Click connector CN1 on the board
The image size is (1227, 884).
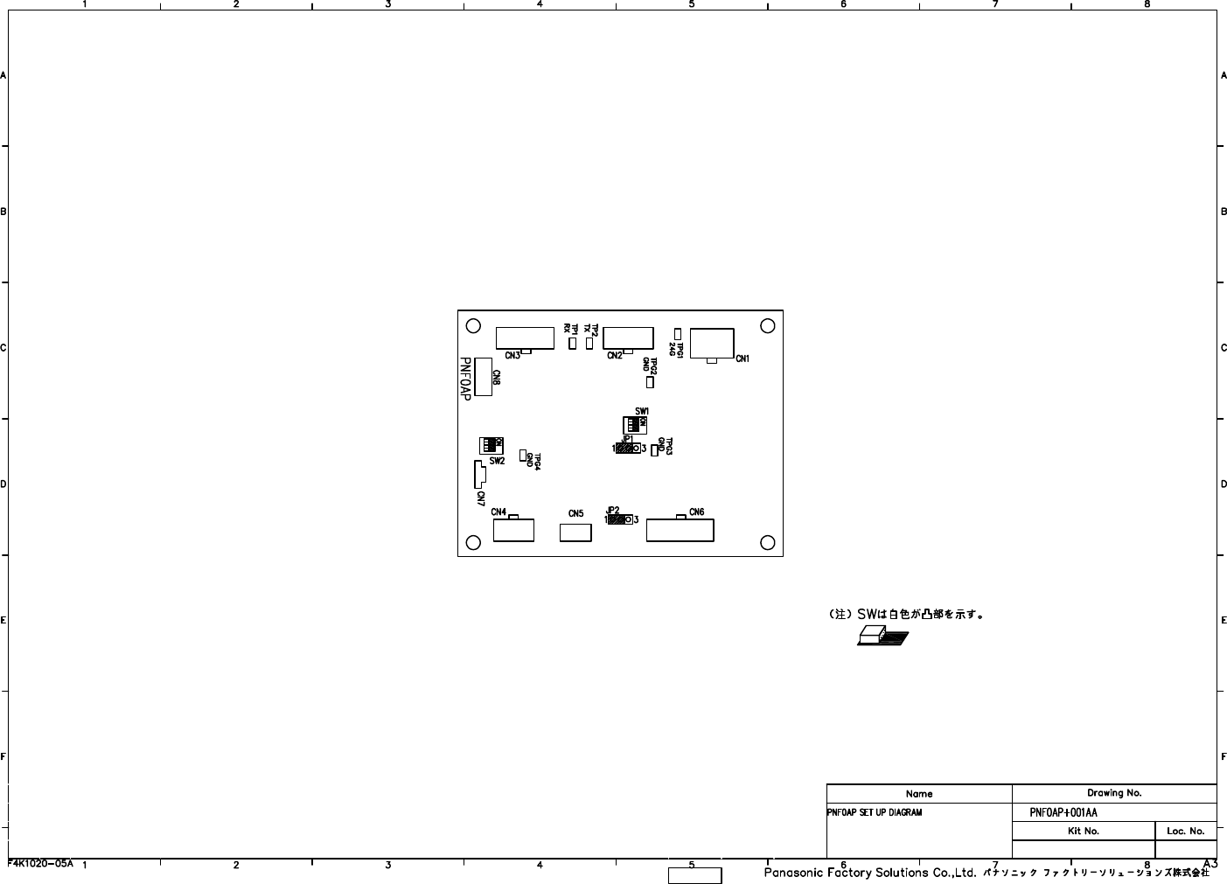[x=712, y=343]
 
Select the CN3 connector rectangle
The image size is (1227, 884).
[x=525, y=338]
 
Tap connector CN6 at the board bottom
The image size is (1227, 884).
[x=680, y=530]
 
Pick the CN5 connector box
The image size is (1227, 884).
[x=575, y=532]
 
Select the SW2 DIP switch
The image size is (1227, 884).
[x=491, y=445]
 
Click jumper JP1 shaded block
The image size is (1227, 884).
[x=626, y=449]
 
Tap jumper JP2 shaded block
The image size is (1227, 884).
[x=618, y=519]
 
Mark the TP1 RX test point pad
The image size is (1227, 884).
[x=573, y=344]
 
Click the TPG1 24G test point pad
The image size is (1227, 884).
[x=678, y=333]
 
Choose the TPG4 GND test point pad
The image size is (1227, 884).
[x=523, y=455]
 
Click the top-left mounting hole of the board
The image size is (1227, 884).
[x=473, y=325]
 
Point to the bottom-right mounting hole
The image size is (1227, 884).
[x=768, y=542]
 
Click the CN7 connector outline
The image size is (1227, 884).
[x=479, y=474]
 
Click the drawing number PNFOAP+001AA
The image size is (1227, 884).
[x=1063, y=812]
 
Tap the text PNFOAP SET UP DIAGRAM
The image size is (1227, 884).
[x=875, y=812]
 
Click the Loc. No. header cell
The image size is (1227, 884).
[x=1186, y=831]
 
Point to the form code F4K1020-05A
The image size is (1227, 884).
[x=40, y=863]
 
